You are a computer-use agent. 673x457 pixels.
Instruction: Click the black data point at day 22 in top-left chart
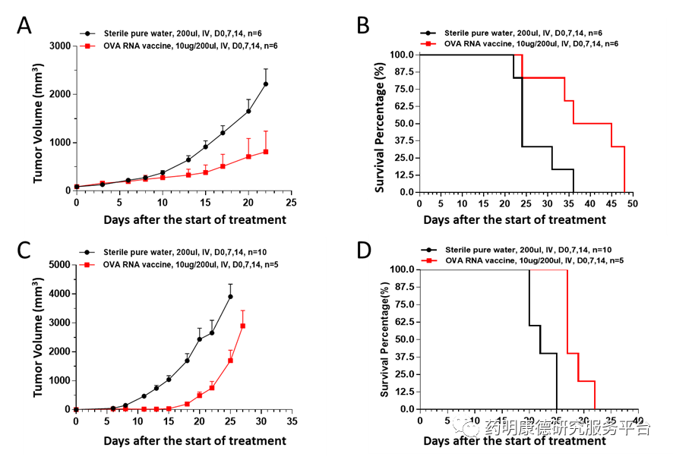[266, 84]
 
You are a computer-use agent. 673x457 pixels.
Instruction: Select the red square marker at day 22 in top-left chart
[266, 152]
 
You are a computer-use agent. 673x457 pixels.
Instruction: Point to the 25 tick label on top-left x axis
[291, 204]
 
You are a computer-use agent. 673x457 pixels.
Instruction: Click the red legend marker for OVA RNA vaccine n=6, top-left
[88, 46]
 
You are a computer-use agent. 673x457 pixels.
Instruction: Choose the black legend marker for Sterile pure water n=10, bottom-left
[88, 251]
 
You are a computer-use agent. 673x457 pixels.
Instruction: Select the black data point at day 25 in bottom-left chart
[230, 296]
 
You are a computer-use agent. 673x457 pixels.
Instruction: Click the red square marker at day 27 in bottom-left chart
[243, 326]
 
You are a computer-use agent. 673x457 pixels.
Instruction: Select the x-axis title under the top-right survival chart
[514, 220]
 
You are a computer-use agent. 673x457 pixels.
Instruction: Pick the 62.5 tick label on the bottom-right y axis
[403, 322]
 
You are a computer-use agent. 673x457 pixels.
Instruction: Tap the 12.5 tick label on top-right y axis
[403, 175]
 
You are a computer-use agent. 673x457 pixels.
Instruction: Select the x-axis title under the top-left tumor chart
[195, 220]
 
